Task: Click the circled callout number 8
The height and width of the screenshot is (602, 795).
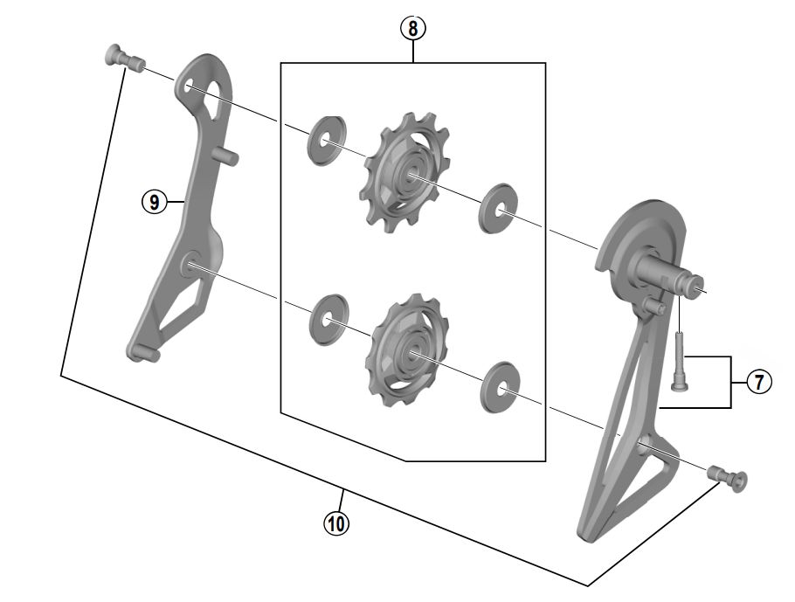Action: [x=413, y=29]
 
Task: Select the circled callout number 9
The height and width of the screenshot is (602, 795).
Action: [x=154, y=203]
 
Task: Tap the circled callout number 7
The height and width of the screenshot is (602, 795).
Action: [x=759, y=382]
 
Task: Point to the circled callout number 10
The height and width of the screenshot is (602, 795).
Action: [x=336, y=522]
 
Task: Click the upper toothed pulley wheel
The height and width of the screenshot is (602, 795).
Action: [x=399, y=172]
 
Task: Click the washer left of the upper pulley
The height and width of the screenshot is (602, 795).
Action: [x=326, y=141]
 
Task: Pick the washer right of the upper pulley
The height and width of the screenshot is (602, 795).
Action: [x=497, y=209]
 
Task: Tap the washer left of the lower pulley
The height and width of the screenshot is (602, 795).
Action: [x=329, y=319]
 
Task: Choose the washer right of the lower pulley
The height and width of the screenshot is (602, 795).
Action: [x=501, y=387]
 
